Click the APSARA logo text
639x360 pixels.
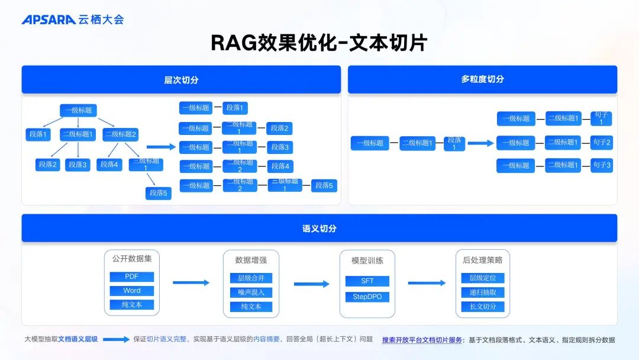point(49,20)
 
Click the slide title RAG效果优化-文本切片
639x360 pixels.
point(319,43)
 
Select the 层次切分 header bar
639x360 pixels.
point(181,79)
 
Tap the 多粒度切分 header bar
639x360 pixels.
point(482,79)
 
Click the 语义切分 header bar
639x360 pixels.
point(319,228)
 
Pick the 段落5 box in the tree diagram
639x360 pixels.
point(158,193)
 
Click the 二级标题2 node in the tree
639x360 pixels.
point(121,134)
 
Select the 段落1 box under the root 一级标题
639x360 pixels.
point(38,134)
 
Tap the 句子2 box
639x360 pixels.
point(601,143)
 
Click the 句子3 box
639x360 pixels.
point(601,165)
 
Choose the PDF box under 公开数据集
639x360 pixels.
point(131,277)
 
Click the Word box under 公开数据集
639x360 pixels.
point(131,291)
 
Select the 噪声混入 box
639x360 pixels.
point(251,292)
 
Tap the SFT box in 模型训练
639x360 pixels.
point(367,281)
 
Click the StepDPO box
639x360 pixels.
point(367,297)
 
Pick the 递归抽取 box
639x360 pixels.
point(483,292)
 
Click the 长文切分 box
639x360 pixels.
point(483,307)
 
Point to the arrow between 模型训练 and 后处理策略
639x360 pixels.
point(427,283)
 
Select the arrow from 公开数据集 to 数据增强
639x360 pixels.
point(191,283)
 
